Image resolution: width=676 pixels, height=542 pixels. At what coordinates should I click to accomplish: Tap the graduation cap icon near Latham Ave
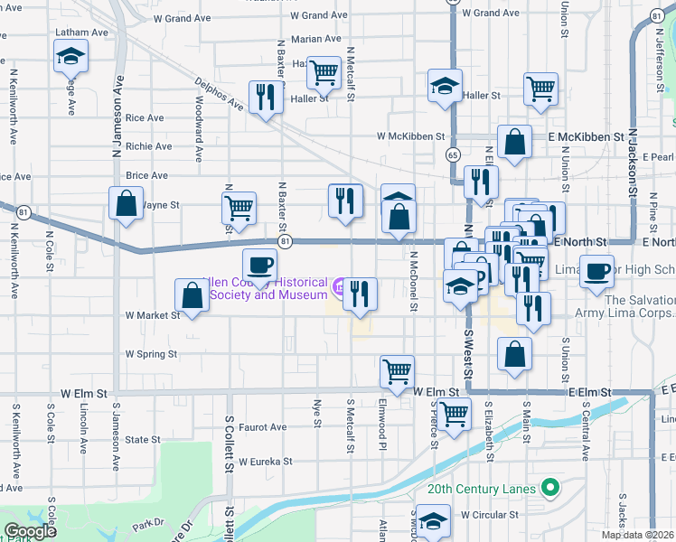click(x=69, y=59)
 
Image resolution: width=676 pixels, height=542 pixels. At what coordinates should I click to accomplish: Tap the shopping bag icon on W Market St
click(x=192, y=294)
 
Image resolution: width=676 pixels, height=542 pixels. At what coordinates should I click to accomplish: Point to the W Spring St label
click(x=151, y=354)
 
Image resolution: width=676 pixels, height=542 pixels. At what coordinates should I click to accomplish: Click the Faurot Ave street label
click(x=263, y=427)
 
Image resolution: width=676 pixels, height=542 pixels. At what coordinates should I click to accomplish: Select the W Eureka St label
click(x=266, y=461)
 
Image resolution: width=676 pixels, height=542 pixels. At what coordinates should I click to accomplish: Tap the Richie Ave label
click(x=149, y=146)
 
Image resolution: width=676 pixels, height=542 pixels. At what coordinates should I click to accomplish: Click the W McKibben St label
click(x=412, y=137)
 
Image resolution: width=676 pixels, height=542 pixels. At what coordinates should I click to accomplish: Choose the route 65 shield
click(x=452, y=155)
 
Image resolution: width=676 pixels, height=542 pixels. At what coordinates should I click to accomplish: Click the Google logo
click(x=30, y=531)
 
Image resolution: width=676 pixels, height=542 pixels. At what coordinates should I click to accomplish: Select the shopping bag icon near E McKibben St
click(x=514, y=142)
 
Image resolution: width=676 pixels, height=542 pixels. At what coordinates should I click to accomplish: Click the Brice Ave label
click(x=147, y=175)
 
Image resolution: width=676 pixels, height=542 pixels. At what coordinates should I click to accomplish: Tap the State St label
click(x=143, y=440)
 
